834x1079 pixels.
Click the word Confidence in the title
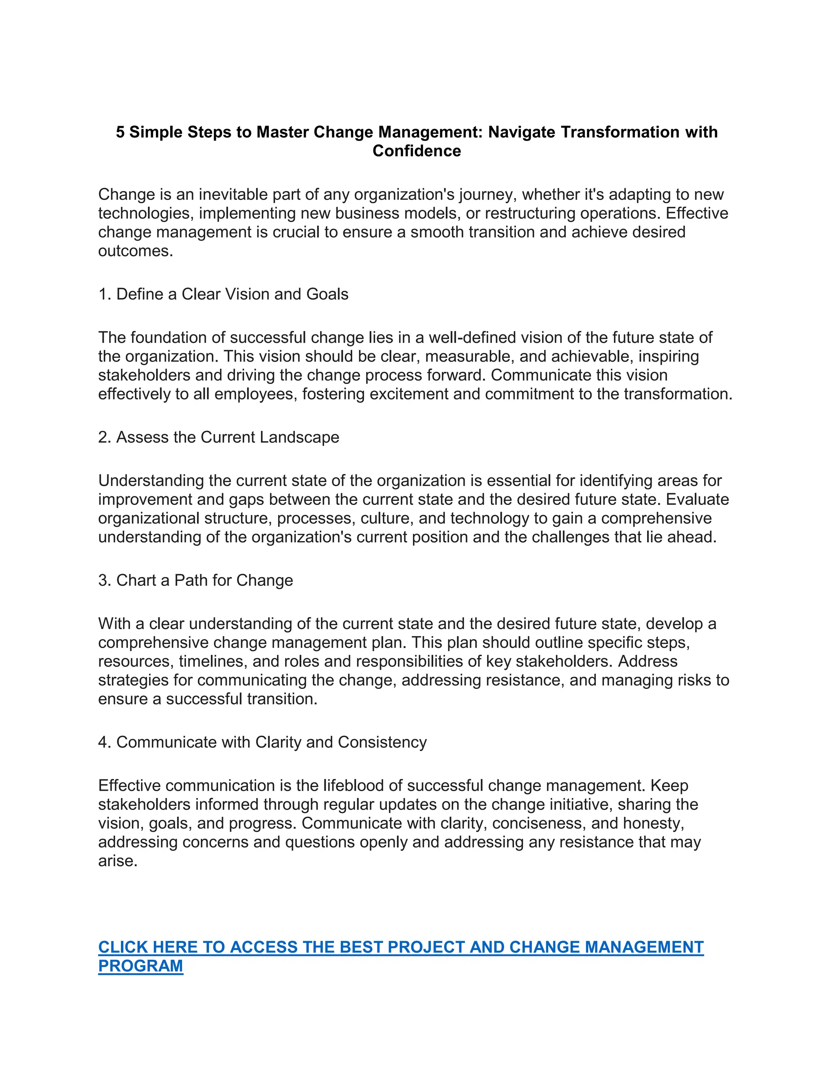tap(417, 151)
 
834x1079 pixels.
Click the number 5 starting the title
tap(120, 132)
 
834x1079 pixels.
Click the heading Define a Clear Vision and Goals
tap(223, 294)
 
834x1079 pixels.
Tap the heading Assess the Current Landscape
tap(218, 437)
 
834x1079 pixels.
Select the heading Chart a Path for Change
tap(195, 580)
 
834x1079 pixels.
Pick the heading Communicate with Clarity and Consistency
tap(262, 742)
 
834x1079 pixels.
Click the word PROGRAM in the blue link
tap(141, 965)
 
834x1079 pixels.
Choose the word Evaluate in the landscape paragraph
tap(697, 500)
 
